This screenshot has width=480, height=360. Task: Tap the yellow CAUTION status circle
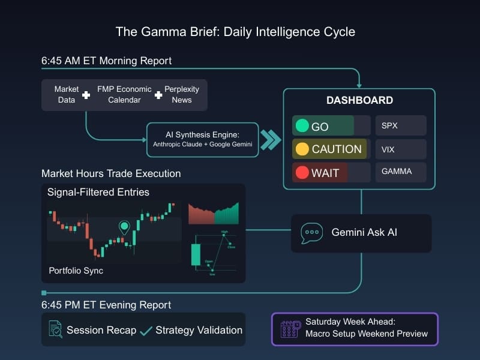303,149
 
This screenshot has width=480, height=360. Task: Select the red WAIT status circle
303,173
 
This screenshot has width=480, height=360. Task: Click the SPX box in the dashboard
400,126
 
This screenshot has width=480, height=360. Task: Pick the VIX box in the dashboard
400,149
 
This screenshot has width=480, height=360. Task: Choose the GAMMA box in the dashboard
400,172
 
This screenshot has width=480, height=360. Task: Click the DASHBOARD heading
359,100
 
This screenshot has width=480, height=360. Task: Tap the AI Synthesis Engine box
203,139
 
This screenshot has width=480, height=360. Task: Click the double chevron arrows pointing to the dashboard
271,140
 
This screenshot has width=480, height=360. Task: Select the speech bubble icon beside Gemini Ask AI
311,232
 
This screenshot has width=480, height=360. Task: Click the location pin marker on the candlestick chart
124,227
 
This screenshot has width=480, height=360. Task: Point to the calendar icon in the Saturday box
290,329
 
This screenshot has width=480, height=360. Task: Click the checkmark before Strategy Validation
146,331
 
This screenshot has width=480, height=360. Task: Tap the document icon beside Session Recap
55,329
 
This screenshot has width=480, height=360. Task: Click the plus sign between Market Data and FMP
86,95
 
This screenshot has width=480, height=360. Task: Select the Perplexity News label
181,94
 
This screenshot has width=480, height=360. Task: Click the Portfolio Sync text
76,271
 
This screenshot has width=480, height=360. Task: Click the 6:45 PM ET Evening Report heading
106,305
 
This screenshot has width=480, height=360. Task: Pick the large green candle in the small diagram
195,254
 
